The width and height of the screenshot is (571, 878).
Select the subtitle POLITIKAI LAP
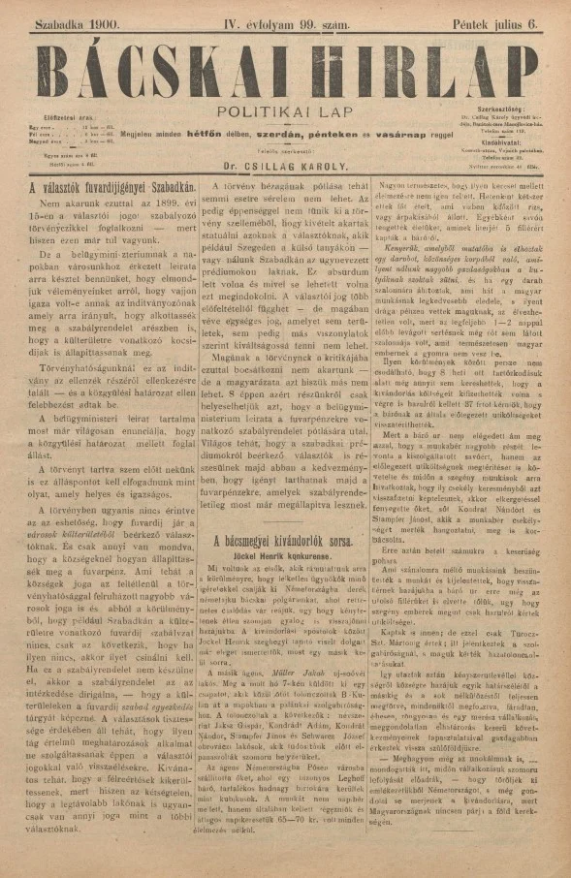(x=285, y=112)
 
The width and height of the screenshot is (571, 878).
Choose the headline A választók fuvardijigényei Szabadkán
(x=113, y=184)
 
